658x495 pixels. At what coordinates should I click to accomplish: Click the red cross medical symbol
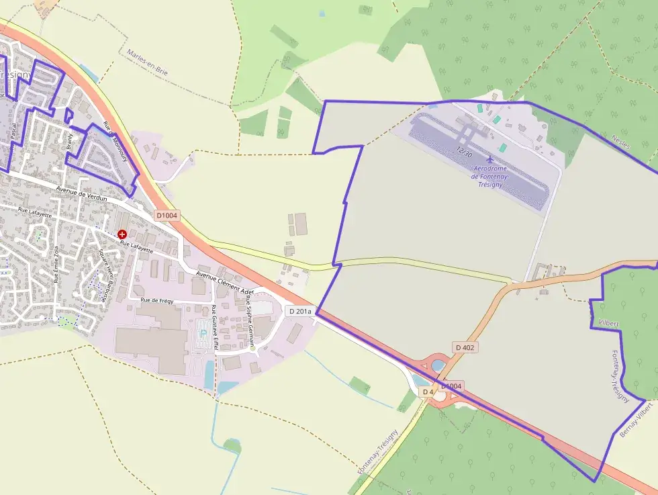[x=122, y=234]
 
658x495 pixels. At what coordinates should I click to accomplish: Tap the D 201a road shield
[x=299, y=311]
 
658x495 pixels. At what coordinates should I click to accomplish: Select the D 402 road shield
[x=465, y=347]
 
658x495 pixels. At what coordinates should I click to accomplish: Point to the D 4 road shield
[x=427, y=391]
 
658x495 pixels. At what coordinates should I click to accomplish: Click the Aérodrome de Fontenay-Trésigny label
[x=491, y=176]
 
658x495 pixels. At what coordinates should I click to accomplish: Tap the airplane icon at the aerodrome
[x=490, y=160]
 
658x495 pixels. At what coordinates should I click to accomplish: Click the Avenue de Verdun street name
[x=82, y=195]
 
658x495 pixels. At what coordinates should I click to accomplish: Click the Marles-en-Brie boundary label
[x=147, y=64]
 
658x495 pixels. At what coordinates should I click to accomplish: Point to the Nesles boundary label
[x=621, y=142]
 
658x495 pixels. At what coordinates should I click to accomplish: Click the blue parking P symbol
[x=204, y=334]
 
